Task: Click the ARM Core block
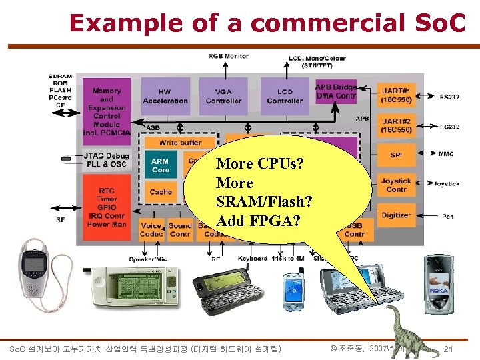pos(160,165)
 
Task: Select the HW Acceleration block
pos(165,97)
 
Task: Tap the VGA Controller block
pos(223,97)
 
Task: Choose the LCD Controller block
pos(285,97)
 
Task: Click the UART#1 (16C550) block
pos(396,95)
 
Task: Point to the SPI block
pos(396,155)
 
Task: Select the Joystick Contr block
pos(396,185)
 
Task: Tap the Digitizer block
pos(396,215)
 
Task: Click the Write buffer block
pos(180,143)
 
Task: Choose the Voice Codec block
pos(151,230)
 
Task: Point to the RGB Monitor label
pos(229,57)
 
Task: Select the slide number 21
pos(449,349)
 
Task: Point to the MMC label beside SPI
pos(445,155)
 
